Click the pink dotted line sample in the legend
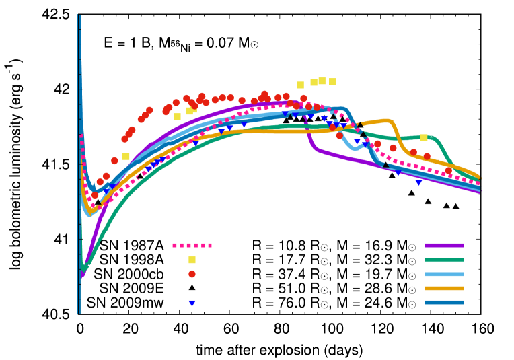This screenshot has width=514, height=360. pos(192,246)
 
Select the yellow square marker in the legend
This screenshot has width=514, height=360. pos(192,260)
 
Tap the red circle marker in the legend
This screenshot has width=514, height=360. pos(192,274)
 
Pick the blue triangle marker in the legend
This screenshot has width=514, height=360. pos(192,303)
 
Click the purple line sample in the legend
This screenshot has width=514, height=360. pos(444,246)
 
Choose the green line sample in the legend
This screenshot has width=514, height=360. pos(444,260)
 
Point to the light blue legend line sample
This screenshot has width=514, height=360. pos(444,274)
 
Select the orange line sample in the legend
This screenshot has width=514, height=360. pos(444,288)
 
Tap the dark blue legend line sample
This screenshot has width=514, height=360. pos(444,303)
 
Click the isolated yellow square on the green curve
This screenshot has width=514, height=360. pos(424,137)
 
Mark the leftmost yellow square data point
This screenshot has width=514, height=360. pos(126,156)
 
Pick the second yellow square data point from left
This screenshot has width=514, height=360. pos(177,116)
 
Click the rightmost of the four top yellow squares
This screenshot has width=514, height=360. pos(332,81)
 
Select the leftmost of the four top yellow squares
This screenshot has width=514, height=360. pos(300,85)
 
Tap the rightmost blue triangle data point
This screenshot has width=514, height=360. pos(418,183)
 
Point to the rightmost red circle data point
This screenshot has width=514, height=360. pos(449,171)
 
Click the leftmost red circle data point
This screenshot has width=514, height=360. pos(94,195)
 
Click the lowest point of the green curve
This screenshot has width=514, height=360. pos(84,266)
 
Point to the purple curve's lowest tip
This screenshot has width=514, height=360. pos(82,276)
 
